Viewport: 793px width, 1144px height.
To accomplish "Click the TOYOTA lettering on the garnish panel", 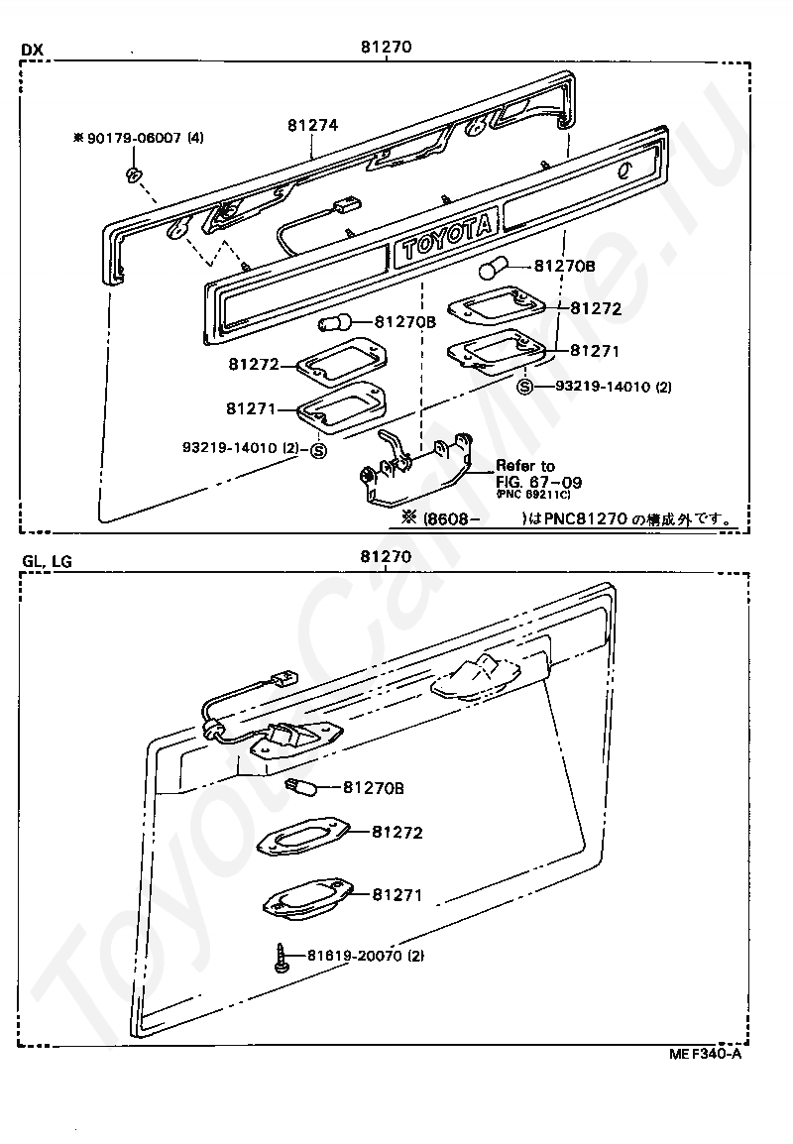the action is [446, 237].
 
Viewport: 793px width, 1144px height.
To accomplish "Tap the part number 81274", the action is [312, 126].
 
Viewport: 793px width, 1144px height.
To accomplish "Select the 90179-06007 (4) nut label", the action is [139, 137].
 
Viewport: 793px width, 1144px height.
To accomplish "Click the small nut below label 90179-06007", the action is [134, 174].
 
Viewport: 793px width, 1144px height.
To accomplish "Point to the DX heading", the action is [32, 50].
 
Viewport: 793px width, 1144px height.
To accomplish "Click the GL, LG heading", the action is [48, 560].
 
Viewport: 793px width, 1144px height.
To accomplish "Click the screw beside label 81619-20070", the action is [281, 956].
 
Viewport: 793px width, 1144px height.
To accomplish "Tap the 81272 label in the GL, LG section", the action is [397, 832].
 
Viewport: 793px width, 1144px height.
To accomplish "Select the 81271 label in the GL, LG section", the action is [397, 894].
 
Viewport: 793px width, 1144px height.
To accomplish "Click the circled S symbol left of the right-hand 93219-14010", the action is [524, 387].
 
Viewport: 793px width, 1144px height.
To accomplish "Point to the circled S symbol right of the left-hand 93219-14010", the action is [319, 450].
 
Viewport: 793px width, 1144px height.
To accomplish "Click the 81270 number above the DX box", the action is [386, 47].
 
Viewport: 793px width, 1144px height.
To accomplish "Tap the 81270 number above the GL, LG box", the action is [386, 557].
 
